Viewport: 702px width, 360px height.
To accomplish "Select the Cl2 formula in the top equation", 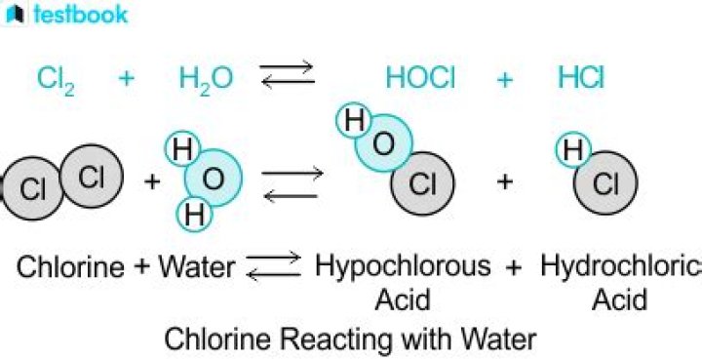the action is (57, 79).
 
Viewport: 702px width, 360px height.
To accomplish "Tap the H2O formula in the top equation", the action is (206, 79).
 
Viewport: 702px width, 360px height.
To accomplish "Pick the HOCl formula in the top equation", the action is (420, 78).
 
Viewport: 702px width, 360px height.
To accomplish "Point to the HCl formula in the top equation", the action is (579, 78).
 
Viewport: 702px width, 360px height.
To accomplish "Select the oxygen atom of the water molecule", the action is (213, 181).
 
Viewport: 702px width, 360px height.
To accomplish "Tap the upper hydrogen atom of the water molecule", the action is (181, 150).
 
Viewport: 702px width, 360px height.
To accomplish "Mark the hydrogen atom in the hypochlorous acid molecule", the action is (355, 122).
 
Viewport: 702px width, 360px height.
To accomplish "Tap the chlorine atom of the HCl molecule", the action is (605, 183).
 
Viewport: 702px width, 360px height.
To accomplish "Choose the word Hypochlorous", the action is (403, 266).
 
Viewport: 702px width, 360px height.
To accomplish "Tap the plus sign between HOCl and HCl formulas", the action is (503, 79).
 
